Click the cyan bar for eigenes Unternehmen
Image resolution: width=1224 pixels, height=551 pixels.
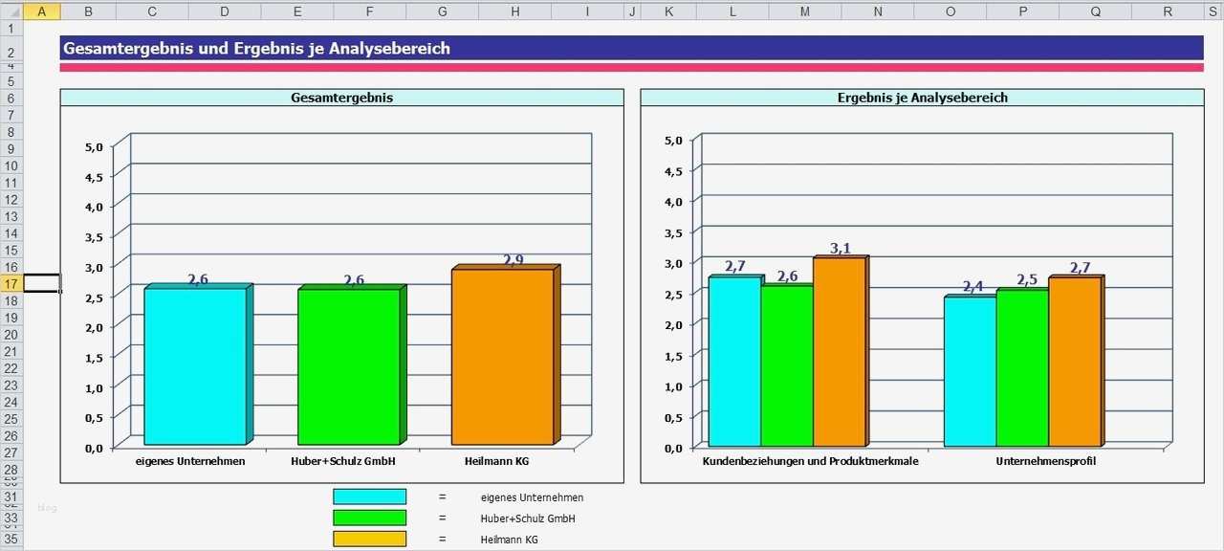click(x=195, y=365)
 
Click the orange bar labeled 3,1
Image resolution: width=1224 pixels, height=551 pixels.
click(x=839, y=351)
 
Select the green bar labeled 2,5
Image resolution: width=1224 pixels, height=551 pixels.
click(x=1022, y=367)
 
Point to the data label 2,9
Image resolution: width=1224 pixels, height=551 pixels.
click(x=514, y=260)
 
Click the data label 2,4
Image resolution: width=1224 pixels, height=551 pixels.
click(x=973, y=287)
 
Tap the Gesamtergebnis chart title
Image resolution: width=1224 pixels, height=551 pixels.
click(x=341, y=98)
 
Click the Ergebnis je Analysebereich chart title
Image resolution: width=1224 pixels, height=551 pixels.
click(x=922, y=98)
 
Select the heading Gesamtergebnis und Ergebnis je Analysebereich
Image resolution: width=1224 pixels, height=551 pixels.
click(x=256, y=49)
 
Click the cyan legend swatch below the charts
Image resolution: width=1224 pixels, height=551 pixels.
click(x=369, y=496)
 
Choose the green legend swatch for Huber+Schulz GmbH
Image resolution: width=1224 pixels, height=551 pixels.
click(x=369, y=518)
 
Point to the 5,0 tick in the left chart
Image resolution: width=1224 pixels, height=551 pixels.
click(x=94, y=147)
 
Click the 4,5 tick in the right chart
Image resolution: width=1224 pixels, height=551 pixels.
click(x=673, y=171)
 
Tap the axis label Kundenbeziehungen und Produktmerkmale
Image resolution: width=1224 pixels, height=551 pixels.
click(x=810, y=461)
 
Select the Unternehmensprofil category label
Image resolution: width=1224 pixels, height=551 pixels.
click(x=1045, y=461)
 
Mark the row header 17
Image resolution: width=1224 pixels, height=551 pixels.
click(x=11, y=284)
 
